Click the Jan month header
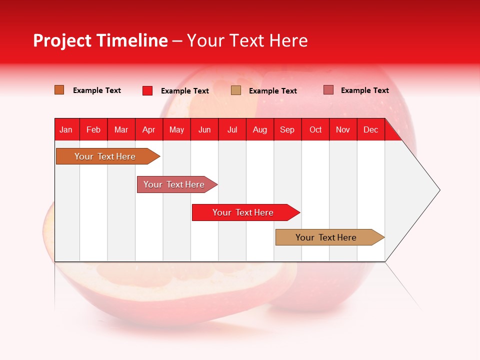tap(66, 129)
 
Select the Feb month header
tap(93, 129)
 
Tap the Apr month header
tap(148, 129)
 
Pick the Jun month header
tap(204, 129)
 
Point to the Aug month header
tap(260, 129)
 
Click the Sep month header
tap(287, 129)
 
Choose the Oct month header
tap(315, 129)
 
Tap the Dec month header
tap(371, 129)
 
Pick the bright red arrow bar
tap(243, 212)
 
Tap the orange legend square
tap(59, 90)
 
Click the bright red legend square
tap(147, 90)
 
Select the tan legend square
tap(236, 90)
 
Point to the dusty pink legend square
tap(328, 90)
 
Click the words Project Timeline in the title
tap(100, 40)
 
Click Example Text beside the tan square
tap(273, 90)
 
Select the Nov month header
tap(343, 129)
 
